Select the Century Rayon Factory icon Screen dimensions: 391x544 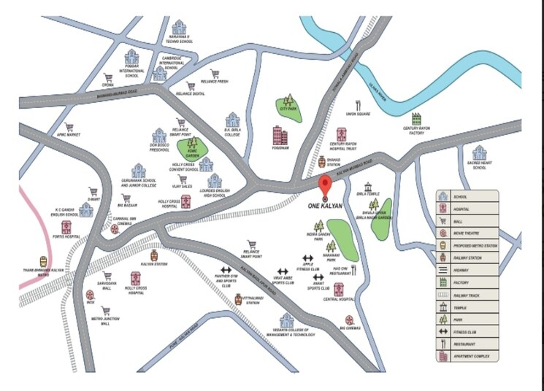click(x=416, y=118)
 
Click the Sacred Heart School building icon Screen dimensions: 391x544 click(x=479, y=153)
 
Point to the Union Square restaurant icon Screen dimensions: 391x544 click(x=359, y=104)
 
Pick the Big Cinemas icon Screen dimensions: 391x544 click(x=350, y=320)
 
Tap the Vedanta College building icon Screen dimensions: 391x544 click(x=287, y=320)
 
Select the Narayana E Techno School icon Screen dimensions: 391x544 click(x=179, y=28)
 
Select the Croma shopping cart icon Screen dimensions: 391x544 click(x=108, y=78)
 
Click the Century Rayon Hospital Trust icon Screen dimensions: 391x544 click(x=342, y=135)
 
